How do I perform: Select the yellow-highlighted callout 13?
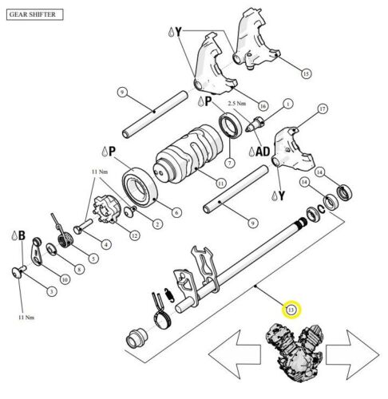click(291, 309)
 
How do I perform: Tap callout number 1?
click(287, 103)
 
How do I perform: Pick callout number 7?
click(229, 164)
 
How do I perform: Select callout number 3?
click(50, 292)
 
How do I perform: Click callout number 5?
click(93, 259)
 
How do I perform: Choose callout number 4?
click(106, 243)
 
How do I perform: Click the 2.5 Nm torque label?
click(237, 105)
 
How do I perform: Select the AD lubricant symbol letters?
click(262, 149)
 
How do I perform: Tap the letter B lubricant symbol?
click(22, 236)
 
